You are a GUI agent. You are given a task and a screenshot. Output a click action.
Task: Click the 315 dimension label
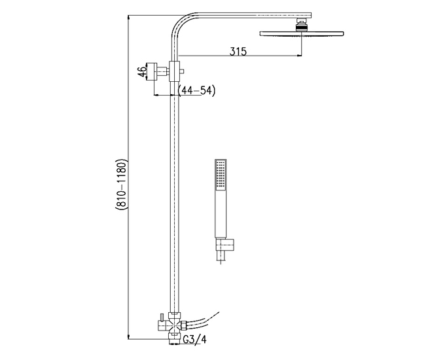pos(239,51)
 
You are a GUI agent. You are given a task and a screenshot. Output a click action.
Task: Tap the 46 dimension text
pos(143,71)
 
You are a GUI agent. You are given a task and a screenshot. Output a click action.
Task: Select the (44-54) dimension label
pos(197,90)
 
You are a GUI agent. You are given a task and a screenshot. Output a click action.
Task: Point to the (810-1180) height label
pos(120,185)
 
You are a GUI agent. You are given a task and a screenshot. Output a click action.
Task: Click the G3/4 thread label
pos(195,339)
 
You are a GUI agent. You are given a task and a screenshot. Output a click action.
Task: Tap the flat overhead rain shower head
pos(302,33)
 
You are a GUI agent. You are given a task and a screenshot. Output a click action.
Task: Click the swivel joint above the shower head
pos(302,24)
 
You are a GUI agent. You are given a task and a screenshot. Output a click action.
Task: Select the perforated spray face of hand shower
pos(221,175)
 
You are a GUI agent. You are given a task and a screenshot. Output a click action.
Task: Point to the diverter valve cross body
pos(174,326)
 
